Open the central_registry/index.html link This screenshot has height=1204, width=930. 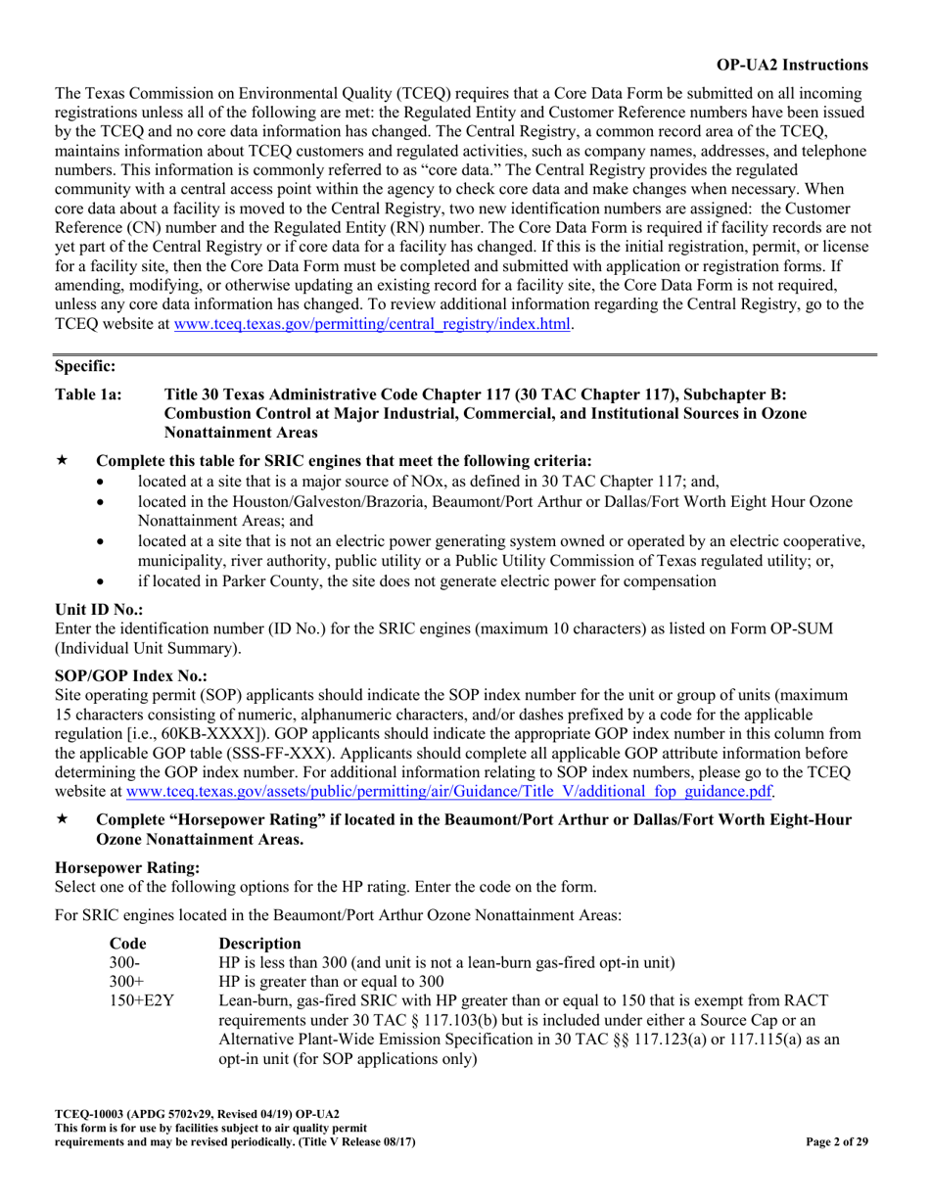point(372,324)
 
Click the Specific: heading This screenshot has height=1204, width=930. point(85,366)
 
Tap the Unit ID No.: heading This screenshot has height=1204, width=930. point(97,608)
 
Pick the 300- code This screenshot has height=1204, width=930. point(122,962)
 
